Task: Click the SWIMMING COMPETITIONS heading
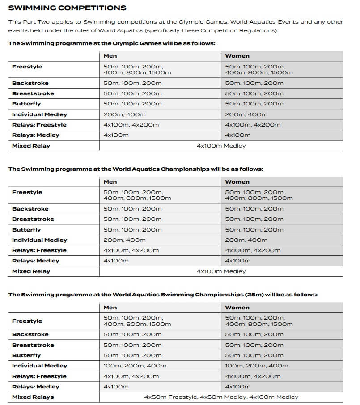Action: pos(67,8)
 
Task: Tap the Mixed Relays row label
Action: pos(33,397)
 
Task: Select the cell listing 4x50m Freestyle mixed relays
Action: pos(221,397)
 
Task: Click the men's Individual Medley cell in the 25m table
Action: pos(135,366)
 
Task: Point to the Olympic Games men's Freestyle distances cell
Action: pos(137,69)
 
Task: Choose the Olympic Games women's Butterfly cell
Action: pos(254,104)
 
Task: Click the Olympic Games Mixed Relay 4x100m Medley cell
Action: pos(221,146)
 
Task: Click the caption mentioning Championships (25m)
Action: pos(163,295)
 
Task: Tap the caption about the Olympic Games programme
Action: pos(112,43)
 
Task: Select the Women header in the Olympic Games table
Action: pos(237,56)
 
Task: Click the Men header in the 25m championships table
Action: pos(110,308)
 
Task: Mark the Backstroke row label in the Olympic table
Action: pos(30,83)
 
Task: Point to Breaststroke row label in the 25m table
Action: pos(33,345)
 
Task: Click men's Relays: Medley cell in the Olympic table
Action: pos(116,135)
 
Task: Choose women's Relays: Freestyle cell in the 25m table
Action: pos(253,376)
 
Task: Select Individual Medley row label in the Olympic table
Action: pos(39,114)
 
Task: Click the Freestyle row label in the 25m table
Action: pos(27,321)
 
